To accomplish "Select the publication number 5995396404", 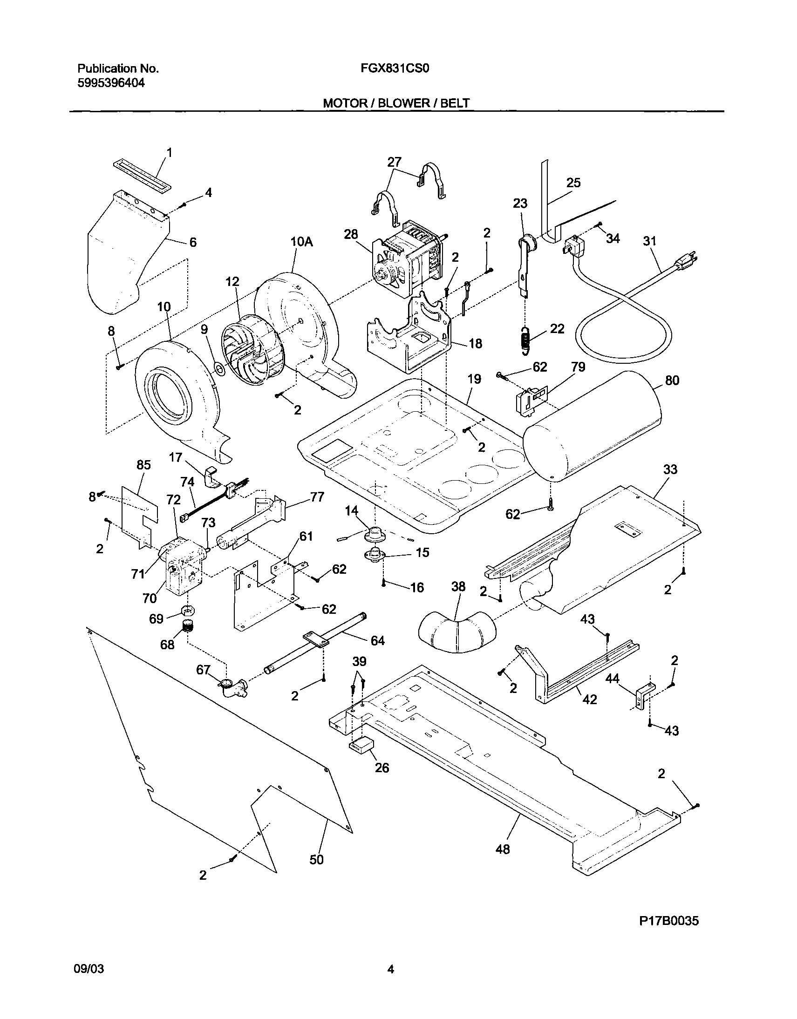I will [110, 83].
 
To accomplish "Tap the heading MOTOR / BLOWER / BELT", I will [396, 103].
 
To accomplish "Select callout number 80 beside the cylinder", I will [672, 380].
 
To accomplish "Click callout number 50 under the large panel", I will [316, 859].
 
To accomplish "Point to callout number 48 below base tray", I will [503, 849].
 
